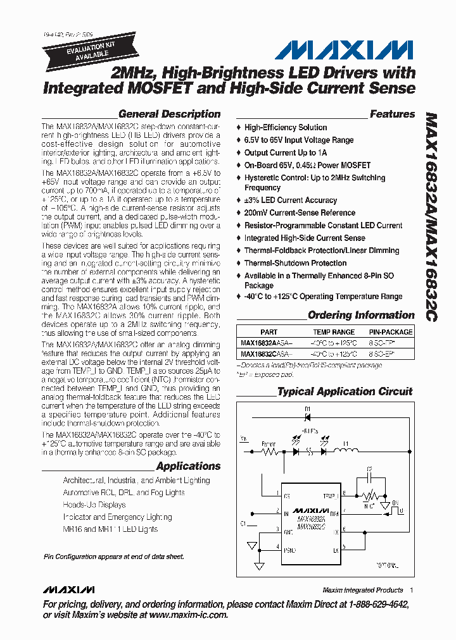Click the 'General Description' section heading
169,114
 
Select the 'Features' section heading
392,114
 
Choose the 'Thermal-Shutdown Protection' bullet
295,263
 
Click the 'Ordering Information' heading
361,315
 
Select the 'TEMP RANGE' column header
334,332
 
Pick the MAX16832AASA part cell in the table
267,343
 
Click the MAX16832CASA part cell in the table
267,354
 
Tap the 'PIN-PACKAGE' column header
390,332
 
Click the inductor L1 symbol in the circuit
346,451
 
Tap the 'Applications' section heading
188,466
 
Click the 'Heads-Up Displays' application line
94,505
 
